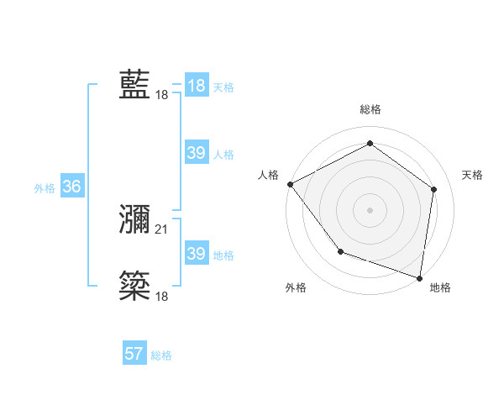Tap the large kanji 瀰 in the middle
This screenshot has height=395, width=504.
(x=135, y=219)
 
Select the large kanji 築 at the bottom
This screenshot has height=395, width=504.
(x=135, y=287)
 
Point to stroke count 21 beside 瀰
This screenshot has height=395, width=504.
(x=162, y=229)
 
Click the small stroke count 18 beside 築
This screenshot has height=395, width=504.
(x=162, y=296)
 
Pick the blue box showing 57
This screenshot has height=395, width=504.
(x=134, y=354)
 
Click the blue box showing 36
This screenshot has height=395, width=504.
(x=72, y=187)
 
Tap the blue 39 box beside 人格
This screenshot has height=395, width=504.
(x=196, y=153)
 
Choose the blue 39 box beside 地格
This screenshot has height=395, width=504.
(x=196, y=254)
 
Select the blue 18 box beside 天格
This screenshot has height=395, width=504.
(x=196, y=86)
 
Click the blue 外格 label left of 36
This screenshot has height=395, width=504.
(x=45, y=188)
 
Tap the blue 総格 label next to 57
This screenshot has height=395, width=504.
(x=161, y=355)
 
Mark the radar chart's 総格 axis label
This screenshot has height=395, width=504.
(x=370, y=109)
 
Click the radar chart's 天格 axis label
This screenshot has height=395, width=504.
(x=473, y=175)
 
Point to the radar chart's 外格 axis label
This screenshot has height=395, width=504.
(x=296, y=287)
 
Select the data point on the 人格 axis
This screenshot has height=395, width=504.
(x=290, y=183)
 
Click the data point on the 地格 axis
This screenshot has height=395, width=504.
(x=419, y=277)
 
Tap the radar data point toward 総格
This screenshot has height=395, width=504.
(x=370, y=143)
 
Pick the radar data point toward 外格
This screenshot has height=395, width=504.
(x=340, y=250)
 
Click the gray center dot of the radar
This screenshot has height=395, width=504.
(x=370, y=209)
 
